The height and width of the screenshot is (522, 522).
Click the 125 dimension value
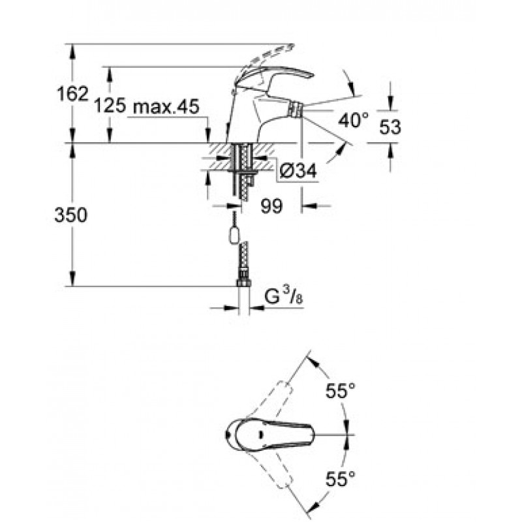(109, 106)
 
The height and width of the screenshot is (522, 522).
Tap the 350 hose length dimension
(71, 215)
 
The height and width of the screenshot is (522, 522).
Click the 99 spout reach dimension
(271, 206)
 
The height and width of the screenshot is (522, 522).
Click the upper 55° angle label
(341, 391)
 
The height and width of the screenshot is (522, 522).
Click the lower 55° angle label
(341, 481)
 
